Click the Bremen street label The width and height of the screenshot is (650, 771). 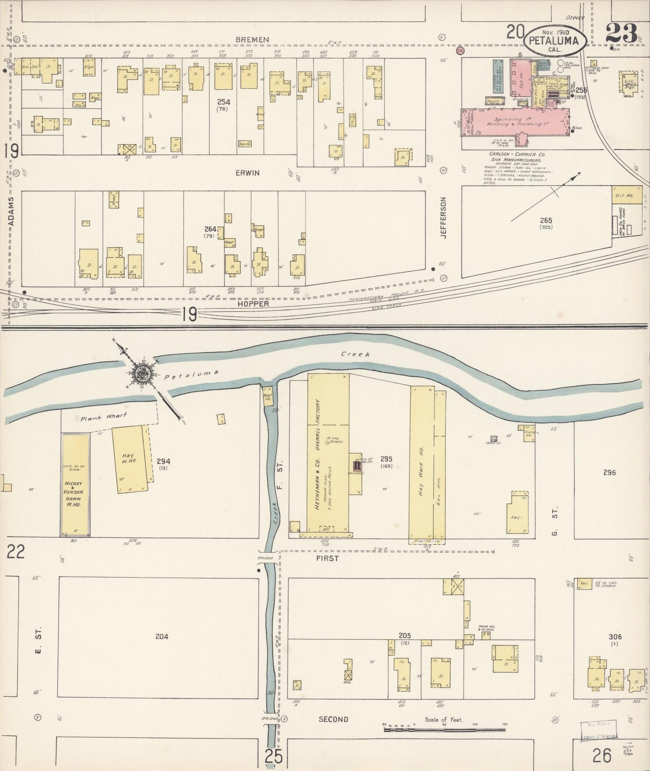(x=252, y=40)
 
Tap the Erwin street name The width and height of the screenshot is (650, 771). (x=247, y=173)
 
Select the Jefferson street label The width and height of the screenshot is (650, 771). (x=444, y=218)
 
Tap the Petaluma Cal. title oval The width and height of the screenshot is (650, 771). (x=555, y=40)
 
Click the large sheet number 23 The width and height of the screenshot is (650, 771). (x=622, y=33)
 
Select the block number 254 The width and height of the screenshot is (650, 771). (x=223, y=102)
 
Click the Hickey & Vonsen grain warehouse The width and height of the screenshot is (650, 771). (x=75, y=486)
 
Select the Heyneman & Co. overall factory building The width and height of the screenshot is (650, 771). (x=328, y=454)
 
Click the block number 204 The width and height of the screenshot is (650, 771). (x=161, y=636)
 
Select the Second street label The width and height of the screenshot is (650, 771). (x=333, y=719)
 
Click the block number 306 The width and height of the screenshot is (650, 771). (x=614, y=637)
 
